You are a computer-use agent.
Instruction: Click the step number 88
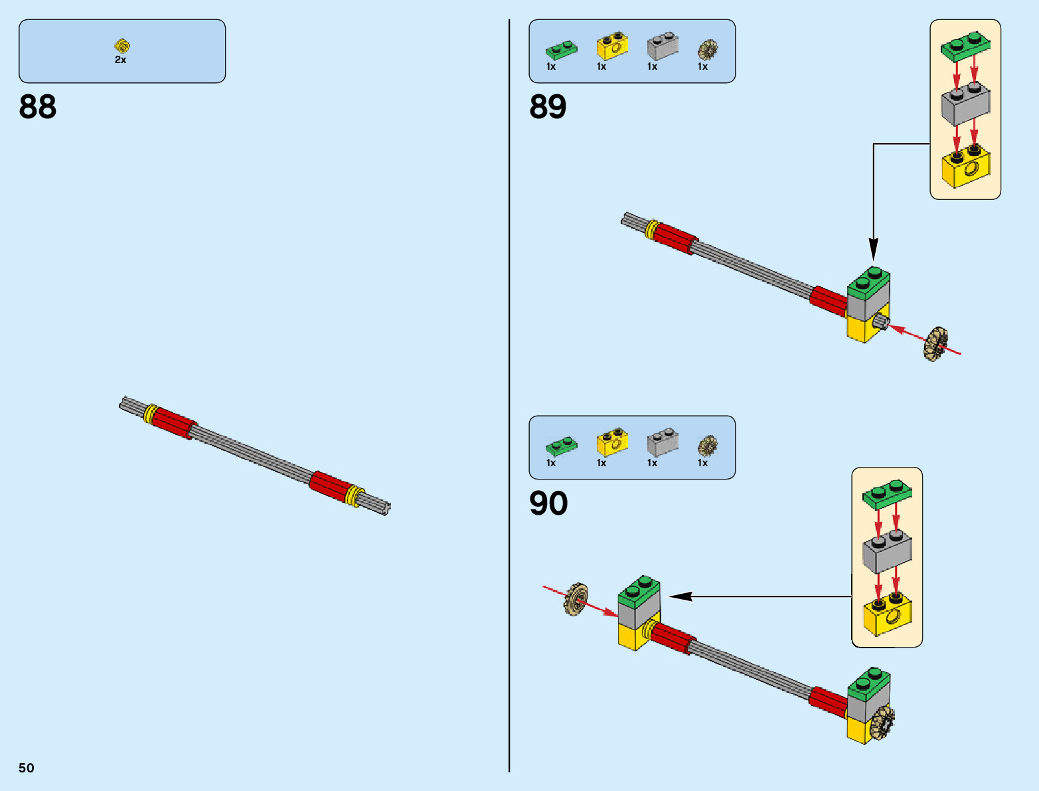(x=37, y=106)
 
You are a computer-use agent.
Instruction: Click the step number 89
(x=548, y=106)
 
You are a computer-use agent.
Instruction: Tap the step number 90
(x=548, y=503)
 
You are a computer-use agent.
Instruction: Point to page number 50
(x=27, y=768)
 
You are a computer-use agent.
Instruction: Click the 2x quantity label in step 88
(x=120, y=60)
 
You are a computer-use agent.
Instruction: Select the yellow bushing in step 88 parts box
(x=122, y=45)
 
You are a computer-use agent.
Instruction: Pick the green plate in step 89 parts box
(x=562, y=50)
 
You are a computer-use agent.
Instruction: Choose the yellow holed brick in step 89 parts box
(x=613, y=45)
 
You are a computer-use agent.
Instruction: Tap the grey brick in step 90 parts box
(x=663, y=442)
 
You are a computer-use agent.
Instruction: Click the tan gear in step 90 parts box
(x=708, y=446)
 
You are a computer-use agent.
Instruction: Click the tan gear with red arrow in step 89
(x=936, y=344)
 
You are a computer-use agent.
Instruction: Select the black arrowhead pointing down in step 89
(x=874, y=250)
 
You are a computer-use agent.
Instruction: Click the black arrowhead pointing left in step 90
(x=680, y=596)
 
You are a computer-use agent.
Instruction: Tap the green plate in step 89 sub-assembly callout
(x=965, y=46)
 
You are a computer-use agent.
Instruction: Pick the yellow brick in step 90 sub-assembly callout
(x=888, y=613)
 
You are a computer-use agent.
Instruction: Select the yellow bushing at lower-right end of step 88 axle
(x=355, y=495)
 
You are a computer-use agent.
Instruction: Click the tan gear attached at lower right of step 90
(x=882, y=723)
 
